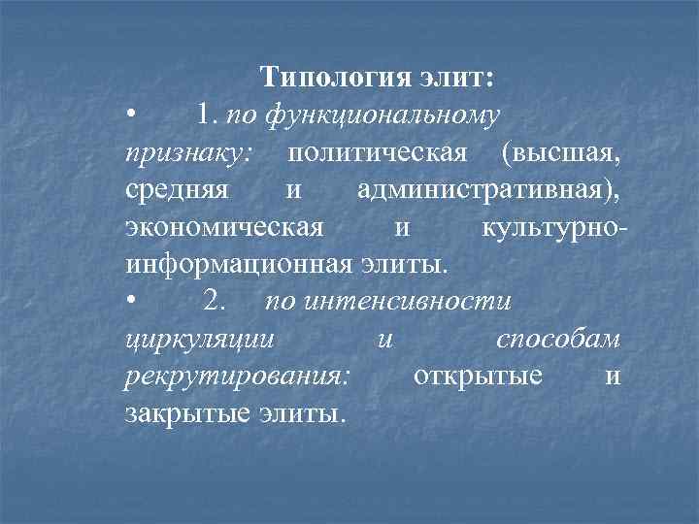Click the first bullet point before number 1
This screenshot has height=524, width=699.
131,116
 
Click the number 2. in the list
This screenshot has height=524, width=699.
215,302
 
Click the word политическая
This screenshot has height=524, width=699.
379,152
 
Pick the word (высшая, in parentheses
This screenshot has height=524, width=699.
562,152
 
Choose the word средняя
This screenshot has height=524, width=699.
178,190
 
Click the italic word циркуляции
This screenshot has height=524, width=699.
200,340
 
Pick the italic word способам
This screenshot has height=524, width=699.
558,339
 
